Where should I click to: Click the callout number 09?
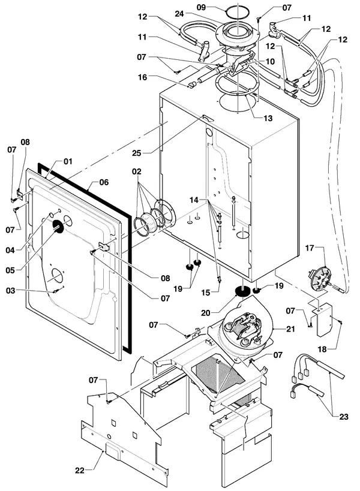pyautogui.click(x=201, y=7)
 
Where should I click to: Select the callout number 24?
pyautogui.click(x=179, y=14)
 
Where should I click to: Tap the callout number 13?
pyautogui.click(x=268, y=118)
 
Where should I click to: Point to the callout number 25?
pyautogui.click(x=136, y=153)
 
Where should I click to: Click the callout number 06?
pyautogui.click(x=104, y=182)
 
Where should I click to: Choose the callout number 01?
pyautogui.click(x=68, y=161)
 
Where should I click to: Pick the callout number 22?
pyautogui.click(x=80, y=471)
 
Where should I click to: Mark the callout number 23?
pyautogui.click(x=344, y=417)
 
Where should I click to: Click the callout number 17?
pyautogui.click(x=310, y=248)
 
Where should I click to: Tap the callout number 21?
pyautogui.click(x=291, y=329)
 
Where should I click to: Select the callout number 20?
pyautogui.click(x=206, y=313)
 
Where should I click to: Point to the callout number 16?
pyautogui.click(x=143, y=77)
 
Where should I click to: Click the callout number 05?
pyautogui.click(x=10, y=270)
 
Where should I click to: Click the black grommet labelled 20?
pyautogui.click(x=242, y=291)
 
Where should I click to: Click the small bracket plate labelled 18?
pyautogui.click(x=325, y=320)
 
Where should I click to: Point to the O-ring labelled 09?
pyautogui.click(x=238, y=12)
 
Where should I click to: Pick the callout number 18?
pyautogui.click(x=322, y=349)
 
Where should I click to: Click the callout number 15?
pyautogui.click(x=206, y=293)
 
